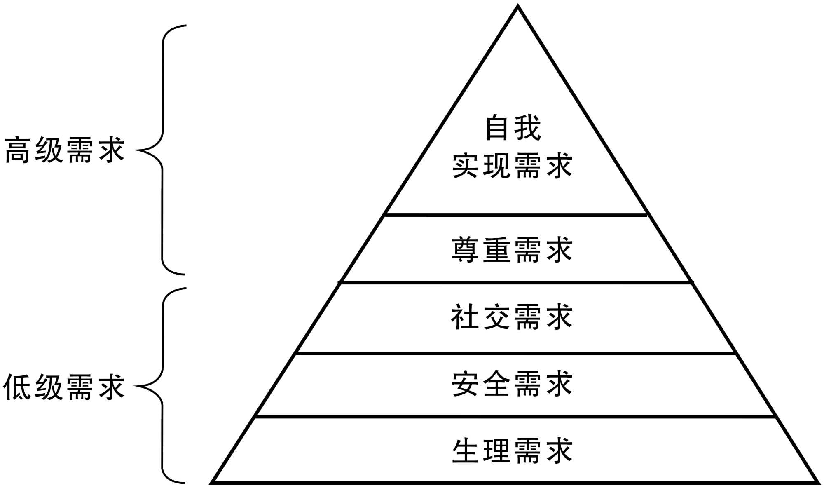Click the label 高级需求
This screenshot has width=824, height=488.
[x=64, y=150]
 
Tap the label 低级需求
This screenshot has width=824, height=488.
[x=64, y=387]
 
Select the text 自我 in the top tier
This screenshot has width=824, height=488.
[x=513, y=128]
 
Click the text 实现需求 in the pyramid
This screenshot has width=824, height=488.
[x=512, y=166]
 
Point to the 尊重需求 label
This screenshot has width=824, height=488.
[x=512, y=250]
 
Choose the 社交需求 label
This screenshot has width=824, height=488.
[x=512, y=317]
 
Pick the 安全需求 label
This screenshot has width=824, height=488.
[x=512, y=384]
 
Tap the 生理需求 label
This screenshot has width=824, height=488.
[x=512, y=450]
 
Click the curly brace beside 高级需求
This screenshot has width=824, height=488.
[x=162, y=150]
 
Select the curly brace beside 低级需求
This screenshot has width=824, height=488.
[x=162, y=386]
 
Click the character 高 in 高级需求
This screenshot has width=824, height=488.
[x=18, y=150]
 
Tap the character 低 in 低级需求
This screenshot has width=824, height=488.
[x=17, y=387]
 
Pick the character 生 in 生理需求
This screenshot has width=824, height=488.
[x=465, y=450]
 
